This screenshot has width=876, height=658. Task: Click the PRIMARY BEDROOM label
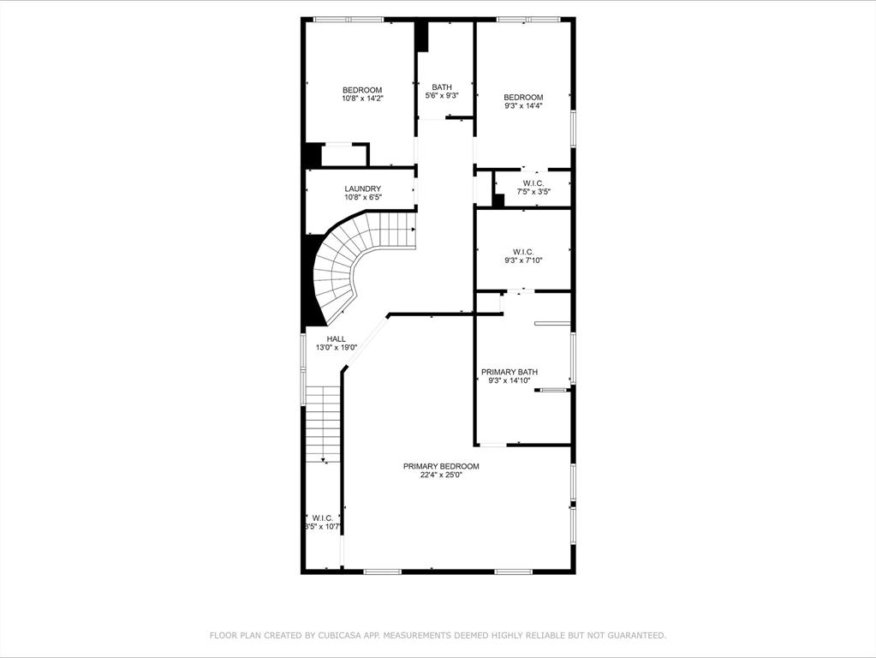(x=441, y=466)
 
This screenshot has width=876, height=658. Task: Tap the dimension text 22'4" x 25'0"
(x=441, y=476)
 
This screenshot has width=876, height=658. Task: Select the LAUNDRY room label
(x=362, y=189)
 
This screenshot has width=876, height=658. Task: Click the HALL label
(x=337, y=338)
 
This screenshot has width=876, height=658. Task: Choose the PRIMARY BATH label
(x=510, y=372)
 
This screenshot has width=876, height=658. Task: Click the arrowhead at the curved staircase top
(x=414, y=230)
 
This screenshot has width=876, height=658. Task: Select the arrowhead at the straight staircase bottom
(x=324, y=460)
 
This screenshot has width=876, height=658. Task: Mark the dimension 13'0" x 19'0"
(x=337, y=347)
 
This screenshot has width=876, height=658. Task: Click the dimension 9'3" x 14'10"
(x=510, y=380)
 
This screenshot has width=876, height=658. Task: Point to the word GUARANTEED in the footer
(x=636, y=635)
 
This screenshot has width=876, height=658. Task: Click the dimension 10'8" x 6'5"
(x=362, y=197)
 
